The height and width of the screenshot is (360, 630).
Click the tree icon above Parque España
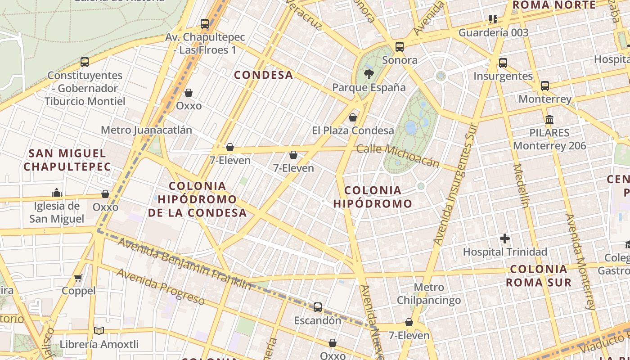pos(369,74)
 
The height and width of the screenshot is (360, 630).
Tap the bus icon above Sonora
pos(399,46)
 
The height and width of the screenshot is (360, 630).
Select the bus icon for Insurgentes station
pos(503,63)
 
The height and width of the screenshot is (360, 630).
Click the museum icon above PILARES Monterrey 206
pos(549,120)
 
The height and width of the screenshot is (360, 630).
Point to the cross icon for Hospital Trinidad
pos(505,238)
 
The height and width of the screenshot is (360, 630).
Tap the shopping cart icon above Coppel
pos(78,278)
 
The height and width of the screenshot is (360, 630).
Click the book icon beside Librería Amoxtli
pos(99,331)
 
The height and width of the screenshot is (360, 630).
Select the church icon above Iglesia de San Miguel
pos(57,193)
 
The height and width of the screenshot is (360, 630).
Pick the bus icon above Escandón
pos(318,307)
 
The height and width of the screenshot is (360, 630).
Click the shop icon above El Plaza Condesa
pos(353,117)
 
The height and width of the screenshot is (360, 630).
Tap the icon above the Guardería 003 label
pos(493,19)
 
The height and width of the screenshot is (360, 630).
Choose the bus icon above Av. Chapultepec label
pos(205,23)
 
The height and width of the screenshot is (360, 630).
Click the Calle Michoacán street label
pos(397,155)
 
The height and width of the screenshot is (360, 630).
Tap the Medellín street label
pos(521,186)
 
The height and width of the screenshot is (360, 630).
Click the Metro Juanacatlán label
pos(146,130)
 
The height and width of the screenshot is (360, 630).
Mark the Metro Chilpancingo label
pos(429,293)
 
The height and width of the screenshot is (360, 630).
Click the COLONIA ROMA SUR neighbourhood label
pos(539,276)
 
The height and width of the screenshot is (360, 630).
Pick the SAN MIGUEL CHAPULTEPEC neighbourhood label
pos(67,160)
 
